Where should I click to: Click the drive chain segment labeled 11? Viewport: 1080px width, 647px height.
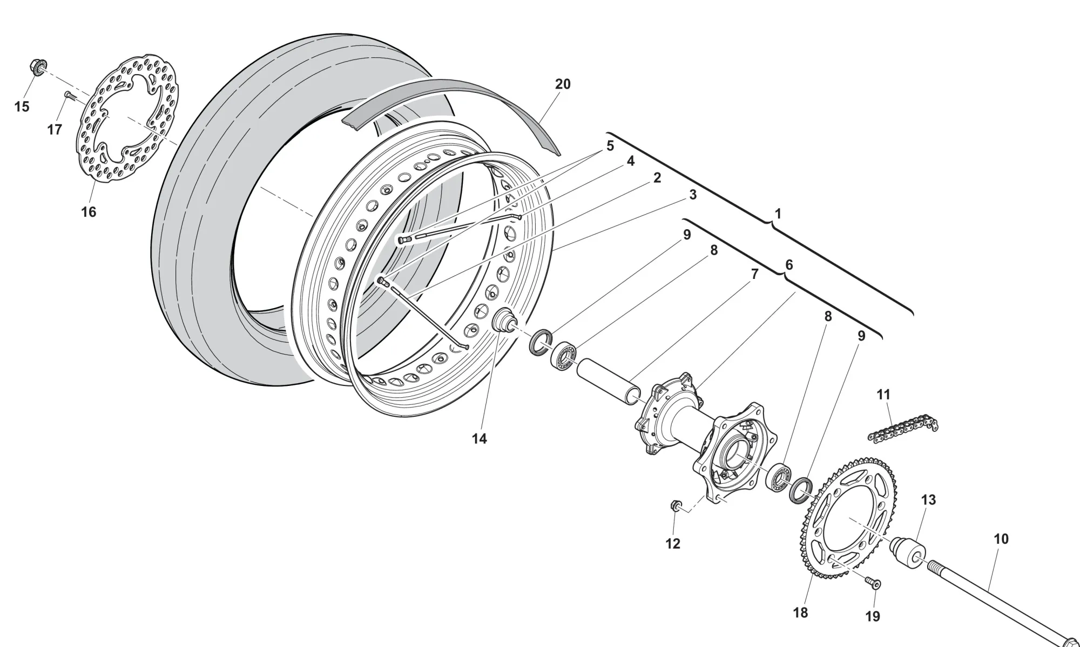pos(902,431)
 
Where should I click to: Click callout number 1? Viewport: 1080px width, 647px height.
pos(778,214)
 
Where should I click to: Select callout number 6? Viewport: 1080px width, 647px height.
pos(789,265)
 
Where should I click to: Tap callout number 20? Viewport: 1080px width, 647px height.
pos(563,84)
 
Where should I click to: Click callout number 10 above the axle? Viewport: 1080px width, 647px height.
pos(1001,539)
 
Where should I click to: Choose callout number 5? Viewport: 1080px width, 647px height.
pos(610,146)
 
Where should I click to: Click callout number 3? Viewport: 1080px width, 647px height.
pos(693,195)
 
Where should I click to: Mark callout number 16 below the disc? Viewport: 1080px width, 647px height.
pos(89,212)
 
